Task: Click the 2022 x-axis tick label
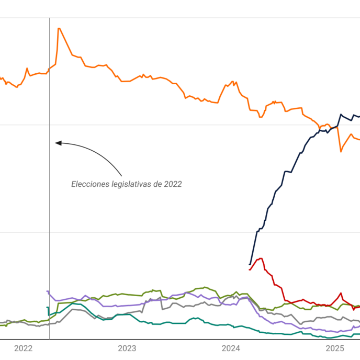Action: point(23,348)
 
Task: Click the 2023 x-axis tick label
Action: point(127,348)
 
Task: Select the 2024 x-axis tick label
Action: point(231,348)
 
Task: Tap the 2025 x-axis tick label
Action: point(334,348)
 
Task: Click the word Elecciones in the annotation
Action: point(90,184)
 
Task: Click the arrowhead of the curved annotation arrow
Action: point(57,142)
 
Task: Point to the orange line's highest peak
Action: point(59,28)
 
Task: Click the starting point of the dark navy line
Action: point(250,264)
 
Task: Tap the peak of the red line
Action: point(260,258)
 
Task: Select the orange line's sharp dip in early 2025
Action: point(341,151)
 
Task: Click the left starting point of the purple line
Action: point(48,291)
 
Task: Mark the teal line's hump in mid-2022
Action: point(74,303)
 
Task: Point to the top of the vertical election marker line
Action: point(49,19)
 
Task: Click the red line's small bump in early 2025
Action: point(341,294)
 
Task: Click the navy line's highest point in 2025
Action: point(341,114)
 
